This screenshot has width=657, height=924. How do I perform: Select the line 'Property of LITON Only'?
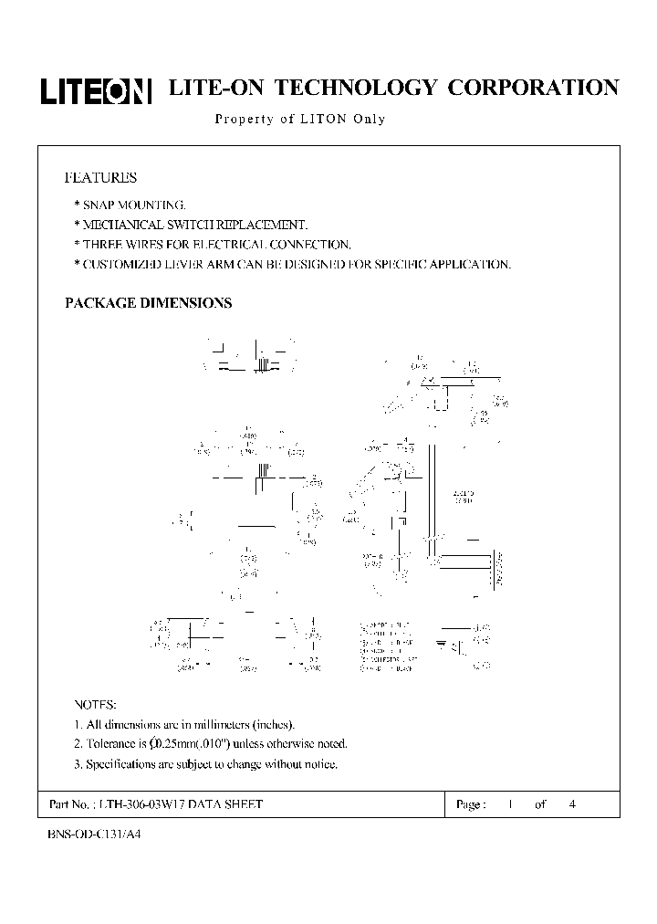[299, 120]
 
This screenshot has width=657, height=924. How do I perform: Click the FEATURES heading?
[100, 177]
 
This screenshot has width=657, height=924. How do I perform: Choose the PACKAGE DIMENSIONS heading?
[148, 303]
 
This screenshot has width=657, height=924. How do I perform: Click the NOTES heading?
[95, 705]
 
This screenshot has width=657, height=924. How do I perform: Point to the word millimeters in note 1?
[208, 725]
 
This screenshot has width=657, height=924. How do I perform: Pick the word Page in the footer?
[469, 804]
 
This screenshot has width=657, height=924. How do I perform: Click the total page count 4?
[571, 804]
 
